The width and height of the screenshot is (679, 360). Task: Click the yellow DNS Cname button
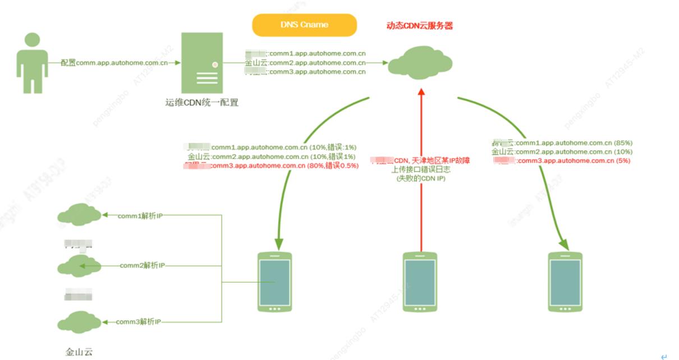[304, 25]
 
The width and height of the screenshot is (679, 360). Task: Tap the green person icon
[31, 63]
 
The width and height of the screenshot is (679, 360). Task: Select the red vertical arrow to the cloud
[420, 168]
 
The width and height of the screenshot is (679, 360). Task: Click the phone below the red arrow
[420, 281]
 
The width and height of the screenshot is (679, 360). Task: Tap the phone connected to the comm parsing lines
[274, 281]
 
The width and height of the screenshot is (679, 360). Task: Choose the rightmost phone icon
[566, 281]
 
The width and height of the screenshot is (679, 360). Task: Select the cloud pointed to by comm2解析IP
[78, 265]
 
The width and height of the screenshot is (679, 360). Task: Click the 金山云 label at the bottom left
[78, 352]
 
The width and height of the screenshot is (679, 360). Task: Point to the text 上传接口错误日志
[420, 169]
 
